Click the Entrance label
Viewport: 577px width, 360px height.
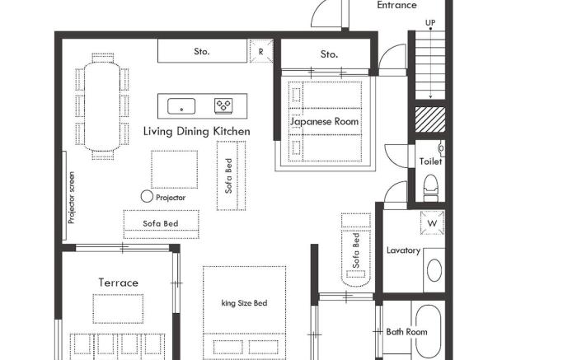[396, 5]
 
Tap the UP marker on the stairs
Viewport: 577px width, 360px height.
[430, 22]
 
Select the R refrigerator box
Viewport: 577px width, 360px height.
[260, 51]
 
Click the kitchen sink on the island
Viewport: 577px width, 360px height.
[181, 105]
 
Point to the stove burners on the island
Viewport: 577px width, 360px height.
[223, 105]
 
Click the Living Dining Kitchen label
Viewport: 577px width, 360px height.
[196, 131]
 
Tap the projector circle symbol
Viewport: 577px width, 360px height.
[147, 196]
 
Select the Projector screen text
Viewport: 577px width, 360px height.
[72, 198]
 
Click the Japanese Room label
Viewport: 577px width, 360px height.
[325, 121]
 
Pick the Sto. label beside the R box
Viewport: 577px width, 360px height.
[202, 51]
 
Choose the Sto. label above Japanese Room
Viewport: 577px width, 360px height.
[329, 54]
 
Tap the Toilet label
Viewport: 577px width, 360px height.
[430, 161]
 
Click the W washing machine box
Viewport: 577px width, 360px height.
[431, 222]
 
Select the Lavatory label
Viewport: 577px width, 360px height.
[404, 250]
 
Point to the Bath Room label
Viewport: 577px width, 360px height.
[406, 332]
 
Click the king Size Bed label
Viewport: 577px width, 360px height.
[245, 303]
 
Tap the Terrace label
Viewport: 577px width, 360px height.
[119, 283]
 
